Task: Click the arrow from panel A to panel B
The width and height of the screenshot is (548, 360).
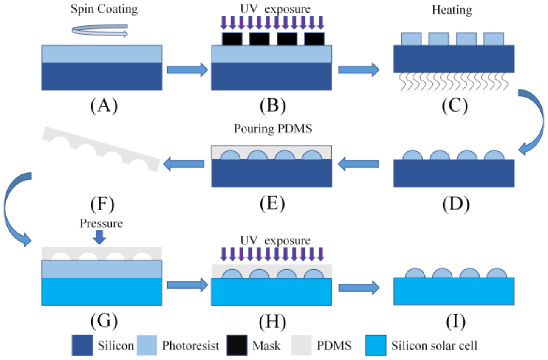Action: [187, 69]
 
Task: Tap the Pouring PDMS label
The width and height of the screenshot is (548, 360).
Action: [271, 130]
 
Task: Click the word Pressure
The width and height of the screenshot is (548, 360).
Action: [101, 223]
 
